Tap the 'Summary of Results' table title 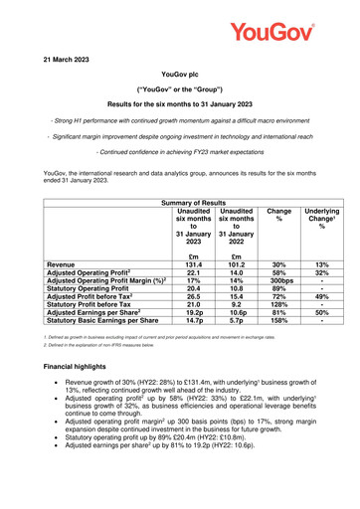click(179, 175)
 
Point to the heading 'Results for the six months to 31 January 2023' click(179, 103)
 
